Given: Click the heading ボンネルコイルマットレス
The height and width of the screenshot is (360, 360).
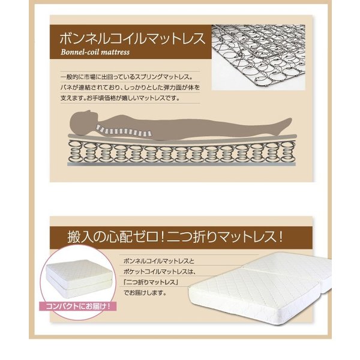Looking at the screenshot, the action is point(132,38).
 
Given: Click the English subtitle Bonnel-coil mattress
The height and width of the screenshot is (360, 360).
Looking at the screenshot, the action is point(95,52).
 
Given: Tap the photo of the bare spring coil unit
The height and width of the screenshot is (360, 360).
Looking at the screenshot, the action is point(258,58).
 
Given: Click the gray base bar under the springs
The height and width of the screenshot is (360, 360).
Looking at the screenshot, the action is point(181,164).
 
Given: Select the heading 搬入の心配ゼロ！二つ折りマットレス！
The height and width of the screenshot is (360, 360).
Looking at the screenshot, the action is point(175,237).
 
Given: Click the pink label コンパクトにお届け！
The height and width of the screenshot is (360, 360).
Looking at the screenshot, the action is point(78,306).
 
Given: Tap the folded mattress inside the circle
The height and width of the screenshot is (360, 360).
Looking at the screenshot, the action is point(79,278).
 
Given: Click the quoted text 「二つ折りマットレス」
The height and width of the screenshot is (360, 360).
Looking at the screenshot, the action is point(151,282).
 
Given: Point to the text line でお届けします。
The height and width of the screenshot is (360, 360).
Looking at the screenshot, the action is point(145,293).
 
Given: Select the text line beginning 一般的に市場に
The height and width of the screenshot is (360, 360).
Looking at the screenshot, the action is point(127,77).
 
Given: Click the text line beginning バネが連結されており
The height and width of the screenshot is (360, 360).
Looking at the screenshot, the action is point(130,88).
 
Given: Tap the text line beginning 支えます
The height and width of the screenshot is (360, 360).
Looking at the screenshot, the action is point(120,98).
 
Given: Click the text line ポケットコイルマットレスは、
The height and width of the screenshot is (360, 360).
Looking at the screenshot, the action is point(160,272).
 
